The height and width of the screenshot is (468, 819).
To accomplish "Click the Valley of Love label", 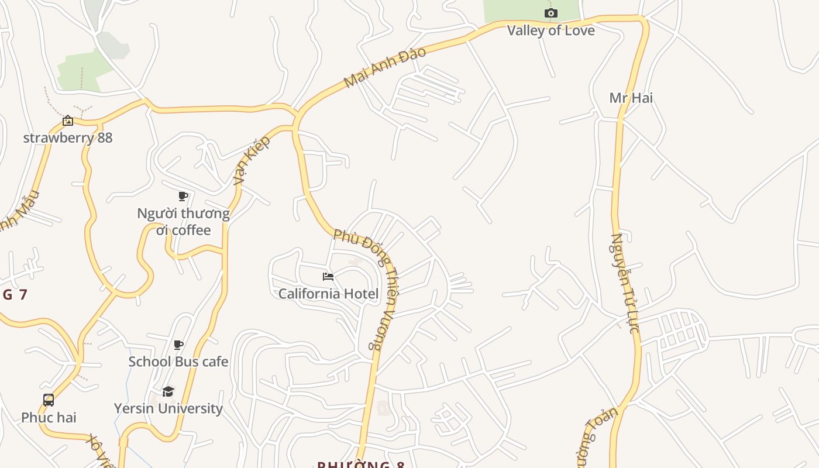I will pyautogui.click(x=550, y=30).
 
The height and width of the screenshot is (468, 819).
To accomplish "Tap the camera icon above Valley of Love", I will pyautogui.click(x=550, y=13).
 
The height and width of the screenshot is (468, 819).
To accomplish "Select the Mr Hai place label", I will pyautogui.click(x=631, y=98).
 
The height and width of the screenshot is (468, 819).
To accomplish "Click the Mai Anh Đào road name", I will pyautogui.click(x=384, y=67).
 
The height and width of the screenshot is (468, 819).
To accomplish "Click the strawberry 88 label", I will pyautogui.click(x=68, y=138).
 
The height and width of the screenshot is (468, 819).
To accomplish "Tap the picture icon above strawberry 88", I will pyautogui.click(x=68, y=121).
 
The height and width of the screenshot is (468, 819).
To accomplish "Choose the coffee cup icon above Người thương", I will pyautogui.click(x=183, y=196).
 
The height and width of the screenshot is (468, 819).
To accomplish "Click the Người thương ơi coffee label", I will pyautogui.click(x=183, y=222).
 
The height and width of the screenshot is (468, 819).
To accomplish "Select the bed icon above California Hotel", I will pyautogui.click(x=328, y=276).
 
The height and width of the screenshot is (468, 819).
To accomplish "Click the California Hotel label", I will pyautogui.click(x=328, y=294).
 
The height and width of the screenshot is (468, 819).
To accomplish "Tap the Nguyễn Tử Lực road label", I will pyautogui.click(x=624, y=283).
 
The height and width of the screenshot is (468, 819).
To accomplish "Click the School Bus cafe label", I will pyautogui.click(x=178, y=362).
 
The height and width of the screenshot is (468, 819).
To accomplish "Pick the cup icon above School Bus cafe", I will pyautogui.click(x=178, y=345).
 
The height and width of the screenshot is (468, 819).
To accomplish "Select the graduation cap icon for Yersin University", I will pyautogui.click(x=168, y=391).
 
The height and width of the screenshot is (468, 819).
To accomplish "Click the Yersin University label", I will pyautogui.click(x=168, y=408).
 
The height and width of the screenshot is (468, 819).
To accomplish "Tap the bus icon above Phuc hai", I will pyautogui.click(x=49, y=400).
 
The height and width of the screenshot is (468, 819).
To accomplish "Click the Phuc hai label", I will pyautogui.click(x=49, y=418).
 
